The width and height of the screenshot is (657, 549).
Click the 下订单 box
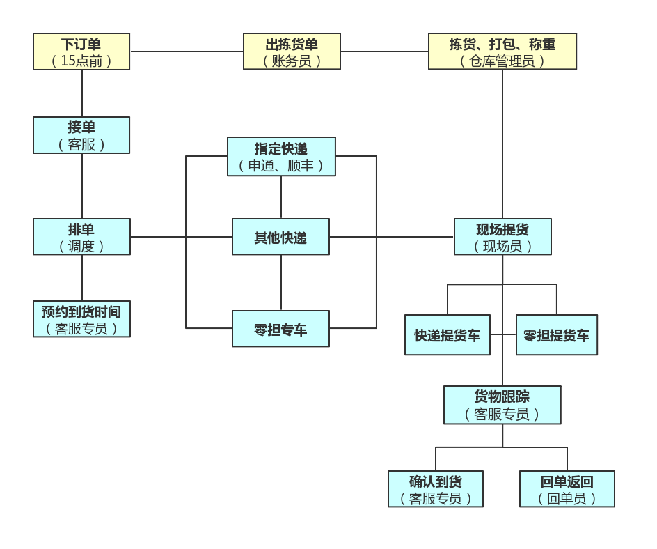point(81,52)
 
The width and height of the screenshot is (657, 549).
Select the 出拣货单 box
point(292,52)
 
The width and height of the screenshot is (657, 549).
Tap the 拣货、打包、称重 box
point(502,52)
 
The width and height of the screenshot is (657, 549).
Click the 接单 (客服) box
point(81,135)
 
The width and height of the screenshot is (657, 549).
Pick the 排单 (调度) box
point(81,237)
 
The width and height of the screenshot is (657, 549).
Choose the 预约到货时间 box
point(81,319)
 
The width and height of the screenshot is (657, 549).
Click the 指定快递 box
point(281,157)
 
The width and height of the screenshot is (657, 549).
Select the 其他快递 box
point(280,237)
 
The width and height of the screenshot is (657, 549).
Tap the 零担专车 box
point(280,329)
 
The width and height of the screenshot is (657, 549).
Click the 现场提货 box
point(502,237)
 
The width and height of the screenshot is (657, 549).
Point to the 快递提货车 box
point(448,335)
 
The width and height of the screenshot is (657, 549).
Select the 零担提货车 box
point(556,335)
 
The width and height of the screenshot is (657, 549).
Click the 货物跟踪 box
point(502,405)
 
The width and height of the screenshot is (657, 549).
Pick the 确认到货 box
point(436,489)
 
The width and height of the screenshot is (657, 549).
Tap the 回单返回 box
point(567,489)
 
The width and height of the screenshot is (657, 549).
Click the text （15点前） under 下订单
point(81,61)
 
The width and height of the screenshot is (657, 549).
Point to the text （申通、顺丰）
point(281,166)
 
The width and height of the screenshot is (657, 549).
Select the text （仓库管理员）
point(502,61)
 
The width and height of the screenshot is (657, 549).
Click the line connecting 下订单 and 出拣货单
point(187,52)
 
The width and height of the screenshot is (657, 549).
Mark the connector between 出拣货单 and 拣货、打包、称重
point(384,52)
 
